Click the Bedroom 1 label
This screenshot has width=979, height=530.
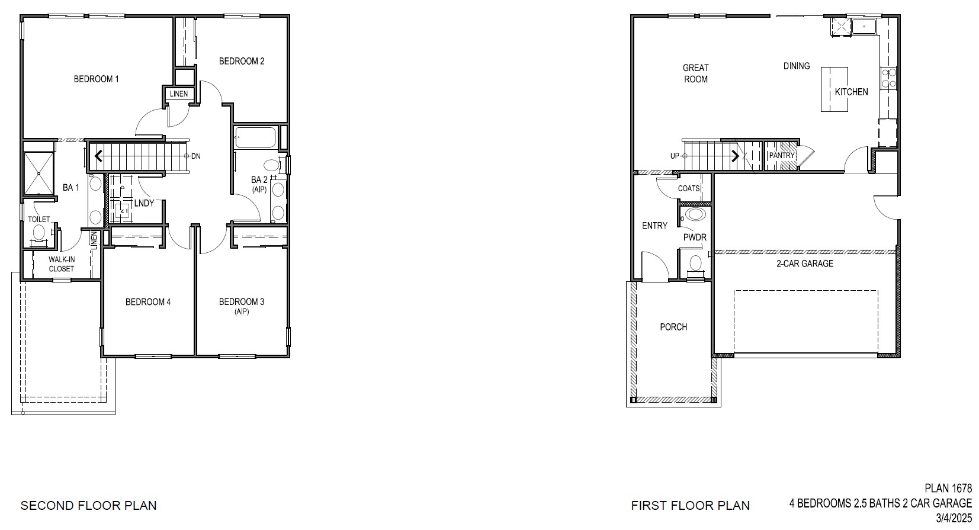[96, 79]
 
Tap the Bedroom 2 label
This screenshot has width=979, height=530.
[241, 61]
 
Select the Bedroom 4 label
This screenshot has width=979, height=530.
[148, 302]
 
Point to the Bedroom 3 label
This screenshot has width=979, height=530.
[241, 302]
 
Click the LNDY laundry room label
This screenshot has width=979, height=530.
[144, 203]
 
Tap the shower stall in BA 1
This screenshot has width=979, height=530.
[38, 173]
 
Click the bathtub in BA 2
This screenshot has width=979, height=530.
[255, 137]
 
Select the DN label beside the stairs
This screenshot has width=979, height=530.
[195, 156]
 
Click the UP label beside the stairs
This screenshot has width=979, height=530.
[675, 156]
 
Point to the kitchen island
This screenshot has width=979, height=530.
[833, 89]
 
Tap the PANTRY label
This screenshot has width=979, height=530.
[781, 156]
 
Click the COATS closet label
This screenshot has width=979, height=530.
[689, 188]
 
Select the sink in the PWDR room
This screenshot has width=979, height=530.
[695, 214]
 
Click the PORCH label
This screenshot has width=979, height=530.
[673, 327]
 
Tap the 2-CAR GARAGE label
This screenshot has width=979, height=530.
[804, 264]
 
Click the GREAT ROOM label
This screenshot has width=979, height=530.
[695, 73]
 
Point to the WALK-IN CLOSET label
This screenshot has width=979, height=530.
[61, 264]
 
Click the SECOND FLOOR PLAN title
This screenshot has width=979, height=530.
[89, 506]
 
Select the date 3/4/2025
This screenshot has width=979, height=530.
[954, 518]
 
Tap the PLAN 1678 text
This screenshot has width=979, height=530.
[948, 489]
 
